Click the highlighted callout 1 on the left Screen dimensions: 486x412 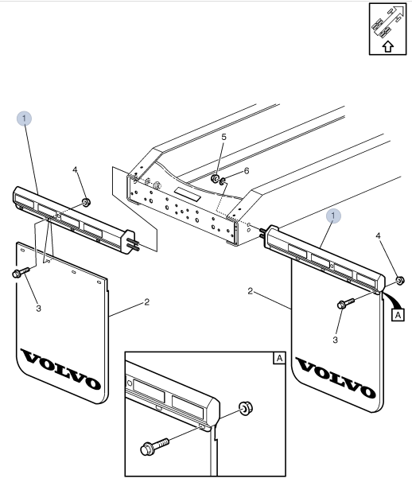pyautogui.click(x=25, y=119)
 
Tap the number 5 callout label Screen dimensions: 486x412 pyautogui.click(x=223, y=137)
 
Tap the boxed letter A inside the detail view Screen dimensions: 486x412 pyautogui.click(x=278, y=359)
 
